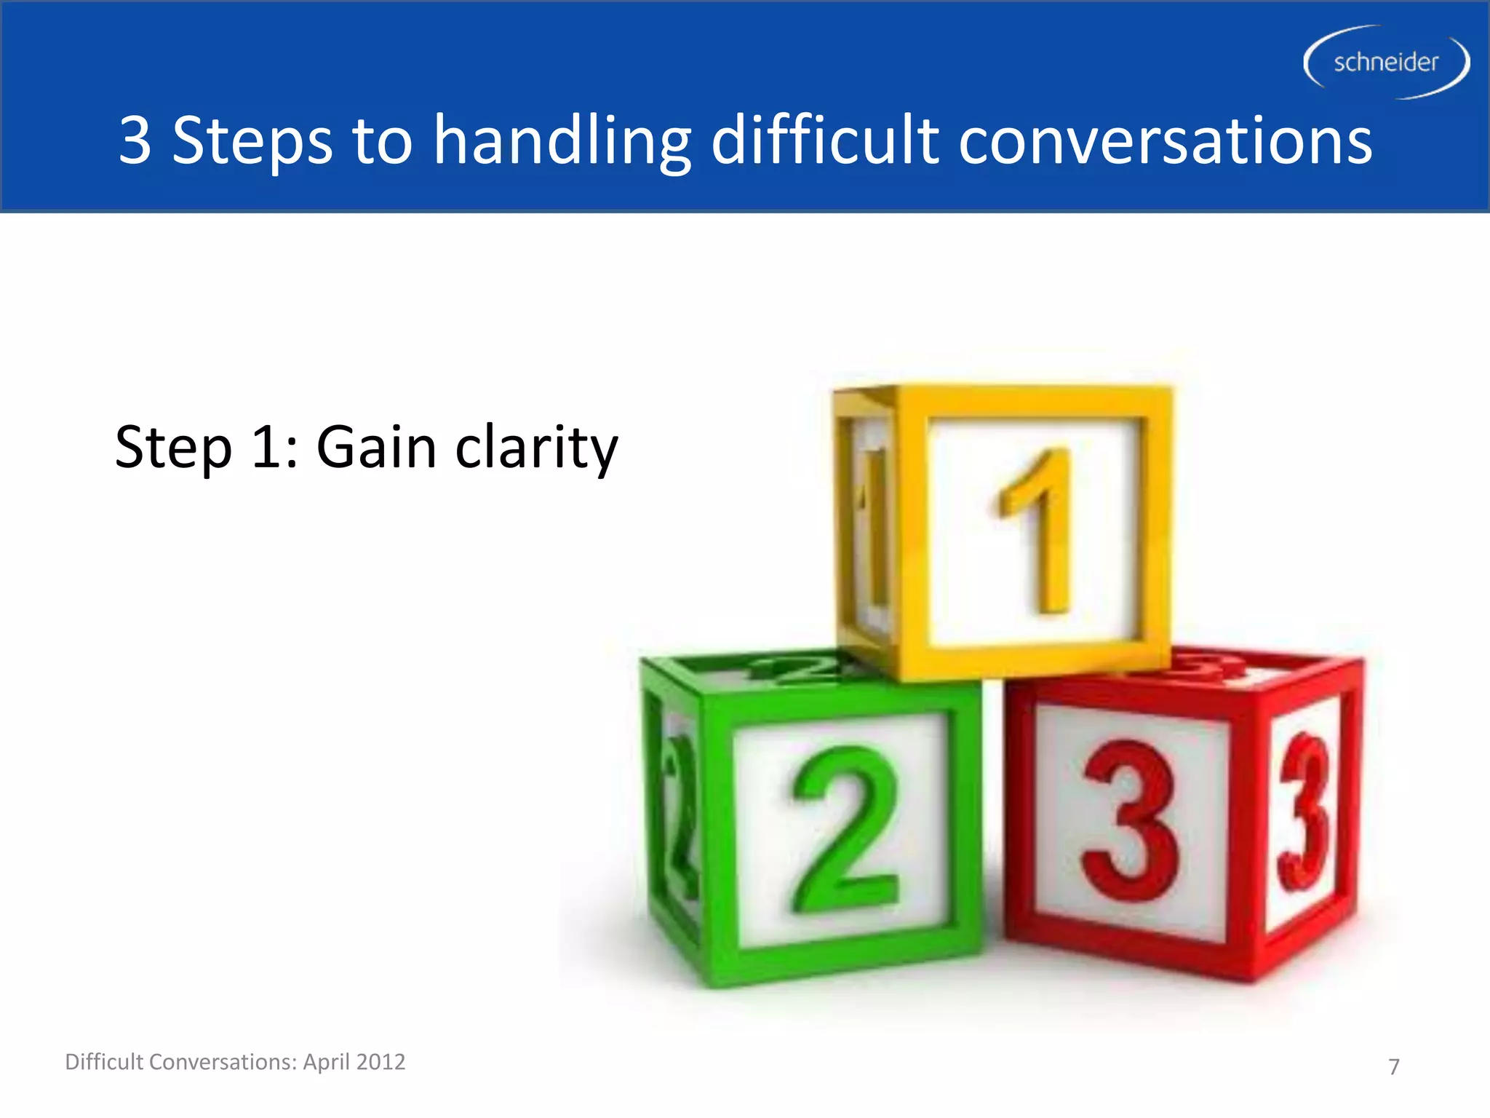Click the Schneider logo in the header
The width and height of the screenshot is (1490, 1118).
1386,63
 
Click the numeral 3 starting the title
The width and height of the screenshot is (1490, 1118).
135,140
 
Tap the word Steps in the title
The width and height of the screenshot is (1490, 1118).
252,141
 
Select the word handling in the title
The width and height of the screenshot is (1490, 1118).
562,141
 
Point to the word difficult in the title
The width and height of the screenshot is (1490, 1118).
825,140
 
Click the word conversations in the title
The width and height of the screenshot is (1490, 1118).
1165,141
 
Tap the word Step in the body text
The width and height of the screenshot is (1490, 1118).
173,448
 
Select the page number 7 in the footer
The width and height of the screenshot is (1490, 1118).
1393,1066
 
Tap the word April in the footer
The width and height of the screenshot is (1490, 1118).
325,1063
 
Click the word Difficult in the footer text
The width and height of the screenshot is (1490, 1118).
104,1061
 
